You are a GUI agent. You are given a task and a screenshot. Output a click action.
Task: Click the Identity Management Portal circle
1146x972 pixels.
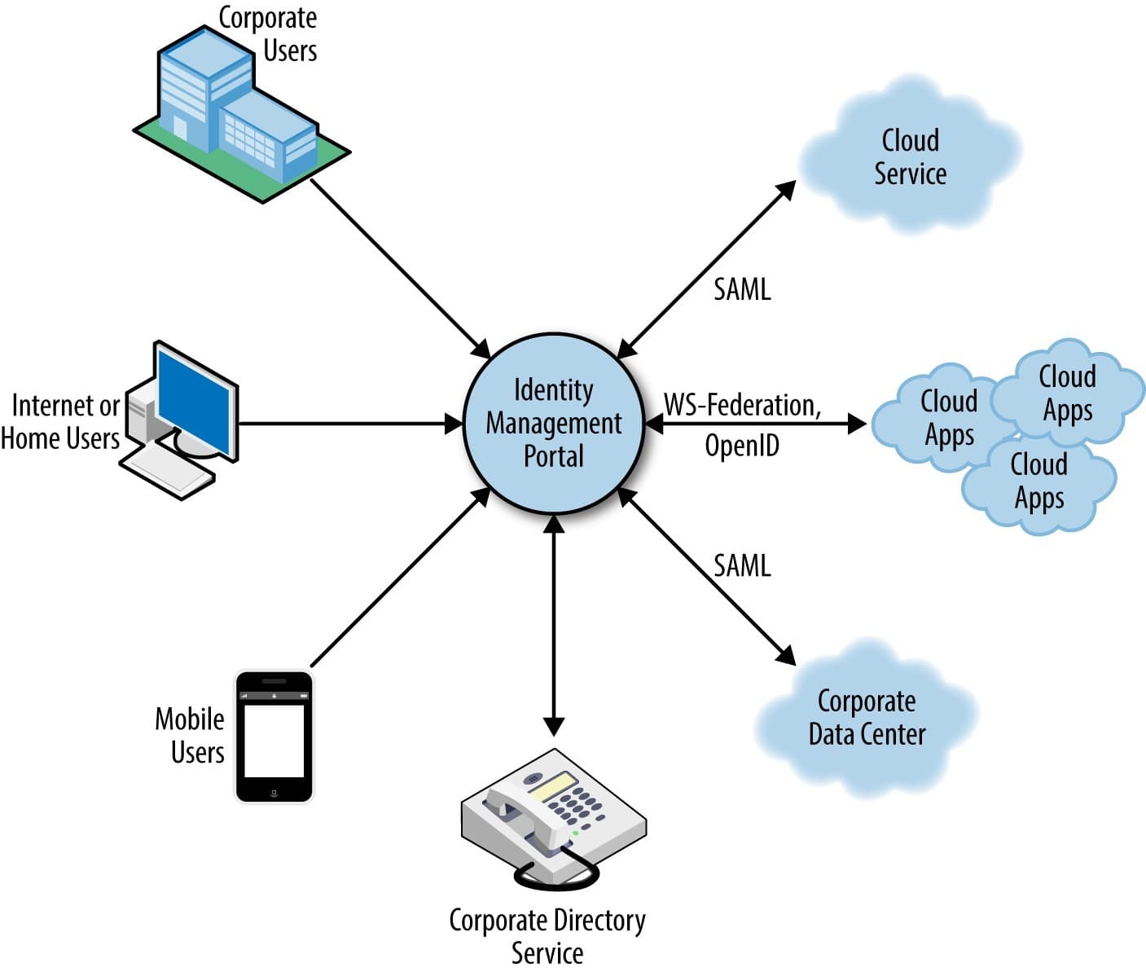553,423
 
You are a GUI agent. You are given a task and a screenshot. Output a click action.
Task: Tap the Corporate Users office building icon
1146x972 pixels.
236,114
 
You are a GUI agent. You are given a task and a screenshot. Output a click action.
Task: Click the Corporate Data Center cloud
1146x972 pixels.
867,718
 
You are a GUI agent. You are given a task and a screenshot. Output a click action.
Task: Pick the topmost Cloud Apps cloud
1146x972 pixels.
1067,392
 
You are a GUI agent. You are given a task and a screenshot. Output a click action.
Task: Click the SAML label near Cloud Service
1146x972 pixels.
742,289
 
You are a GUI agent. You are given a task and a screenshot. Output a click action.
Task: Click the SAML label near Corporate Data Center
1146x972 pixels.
742,565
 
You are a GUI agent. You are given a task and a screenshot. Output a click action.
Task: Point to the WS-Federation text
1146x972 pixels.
742,405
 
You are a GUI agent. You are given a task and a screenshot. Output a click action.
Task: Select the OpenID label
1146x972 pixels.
742,445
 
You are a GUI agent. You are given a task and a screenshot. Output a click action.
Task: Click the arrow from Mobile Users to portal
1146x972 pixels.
399,578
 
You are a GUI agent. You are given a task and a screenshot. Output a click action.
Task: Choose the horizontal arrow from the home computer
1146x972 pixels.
350,424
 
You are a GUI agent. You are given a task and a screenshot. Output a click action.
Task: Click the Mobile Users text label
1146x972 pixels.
191,735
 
